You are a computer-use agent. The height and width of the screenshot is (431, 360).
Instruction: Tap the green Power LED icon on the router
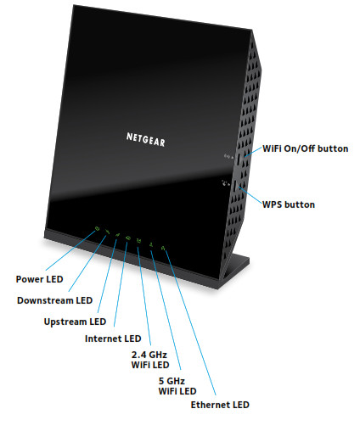(98, 229)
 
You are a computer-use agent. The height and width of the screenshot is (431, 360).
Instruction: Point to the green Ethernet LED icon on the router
(163, 248)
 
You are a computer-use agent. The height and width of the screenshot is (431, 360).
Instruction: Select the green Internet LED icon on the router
(127, 238)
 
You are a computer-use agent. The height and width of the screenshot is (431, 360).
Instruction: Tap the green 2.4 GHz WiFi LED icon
(138, 241)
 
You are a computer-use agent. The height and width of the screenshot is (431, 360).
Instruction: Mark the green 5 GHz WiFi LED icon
(150, 244)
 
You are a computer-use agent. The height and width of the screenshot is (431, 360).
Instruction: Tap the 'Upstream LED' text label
(75, 322)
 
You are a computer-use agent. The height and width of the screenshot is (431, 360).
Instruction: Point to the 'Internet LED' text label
(115, 339)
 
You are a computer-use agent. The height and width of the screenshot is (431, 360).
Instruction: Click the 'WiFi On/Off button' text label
(303, 148)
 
